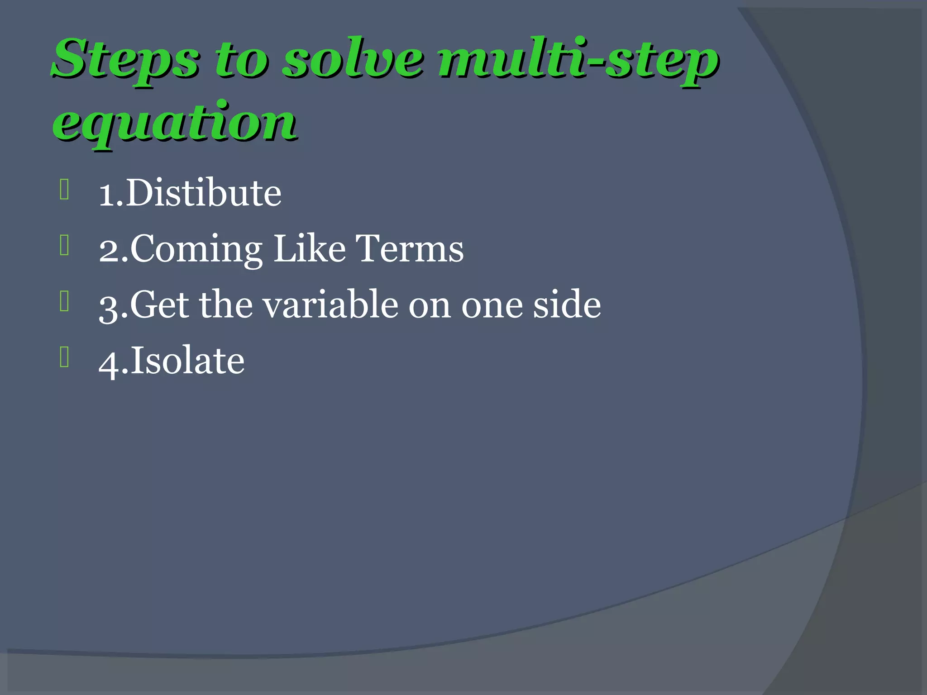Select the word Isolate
[187, 361]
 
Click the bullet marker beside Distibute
[64, 190]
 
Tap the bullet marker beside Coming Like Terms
[64, 246]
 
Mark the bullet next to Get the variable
[64, 302]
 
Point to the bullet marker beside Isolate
[64, 357]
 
